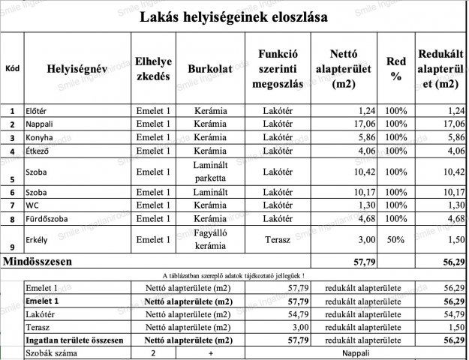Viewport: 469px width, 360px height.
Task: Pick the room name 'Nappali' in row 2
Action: click(40, 124)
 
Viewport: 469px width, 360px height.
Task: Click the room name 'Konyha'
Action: click(39, 137)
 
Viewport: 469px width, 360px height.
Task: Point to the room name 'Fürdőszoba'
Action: click(47, 218)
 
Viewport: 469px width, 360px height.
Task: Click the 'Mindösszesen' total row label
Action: click(39, 261)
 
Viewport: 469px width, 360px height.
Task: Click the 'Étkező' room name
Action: click(38, 151)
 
